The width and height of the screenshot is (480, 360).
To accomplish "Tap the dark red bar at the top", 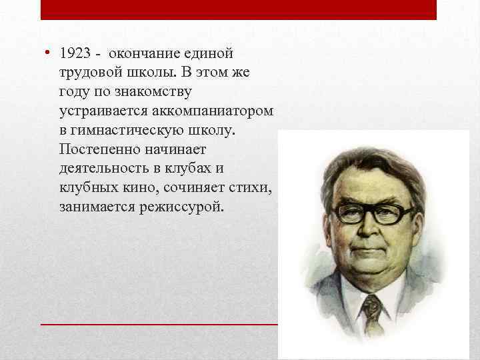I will tap(239, 9).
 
